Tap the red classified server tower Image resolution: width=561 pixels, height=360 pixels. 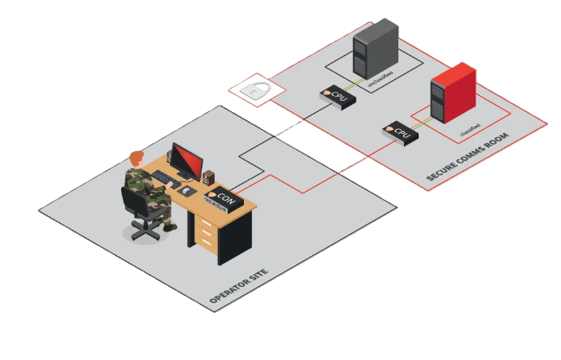tap(452, 94)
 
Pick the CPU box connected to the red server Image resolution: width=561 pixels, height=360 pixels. tap(399, 130)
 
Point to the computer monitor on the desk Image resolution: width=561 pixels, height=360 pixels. tap(186, 161)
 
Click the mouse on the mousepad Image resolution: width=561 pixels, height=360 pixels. tap(186, 191)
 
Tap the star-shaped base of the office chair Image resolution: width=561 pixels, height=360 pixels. tap(146, 231)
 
